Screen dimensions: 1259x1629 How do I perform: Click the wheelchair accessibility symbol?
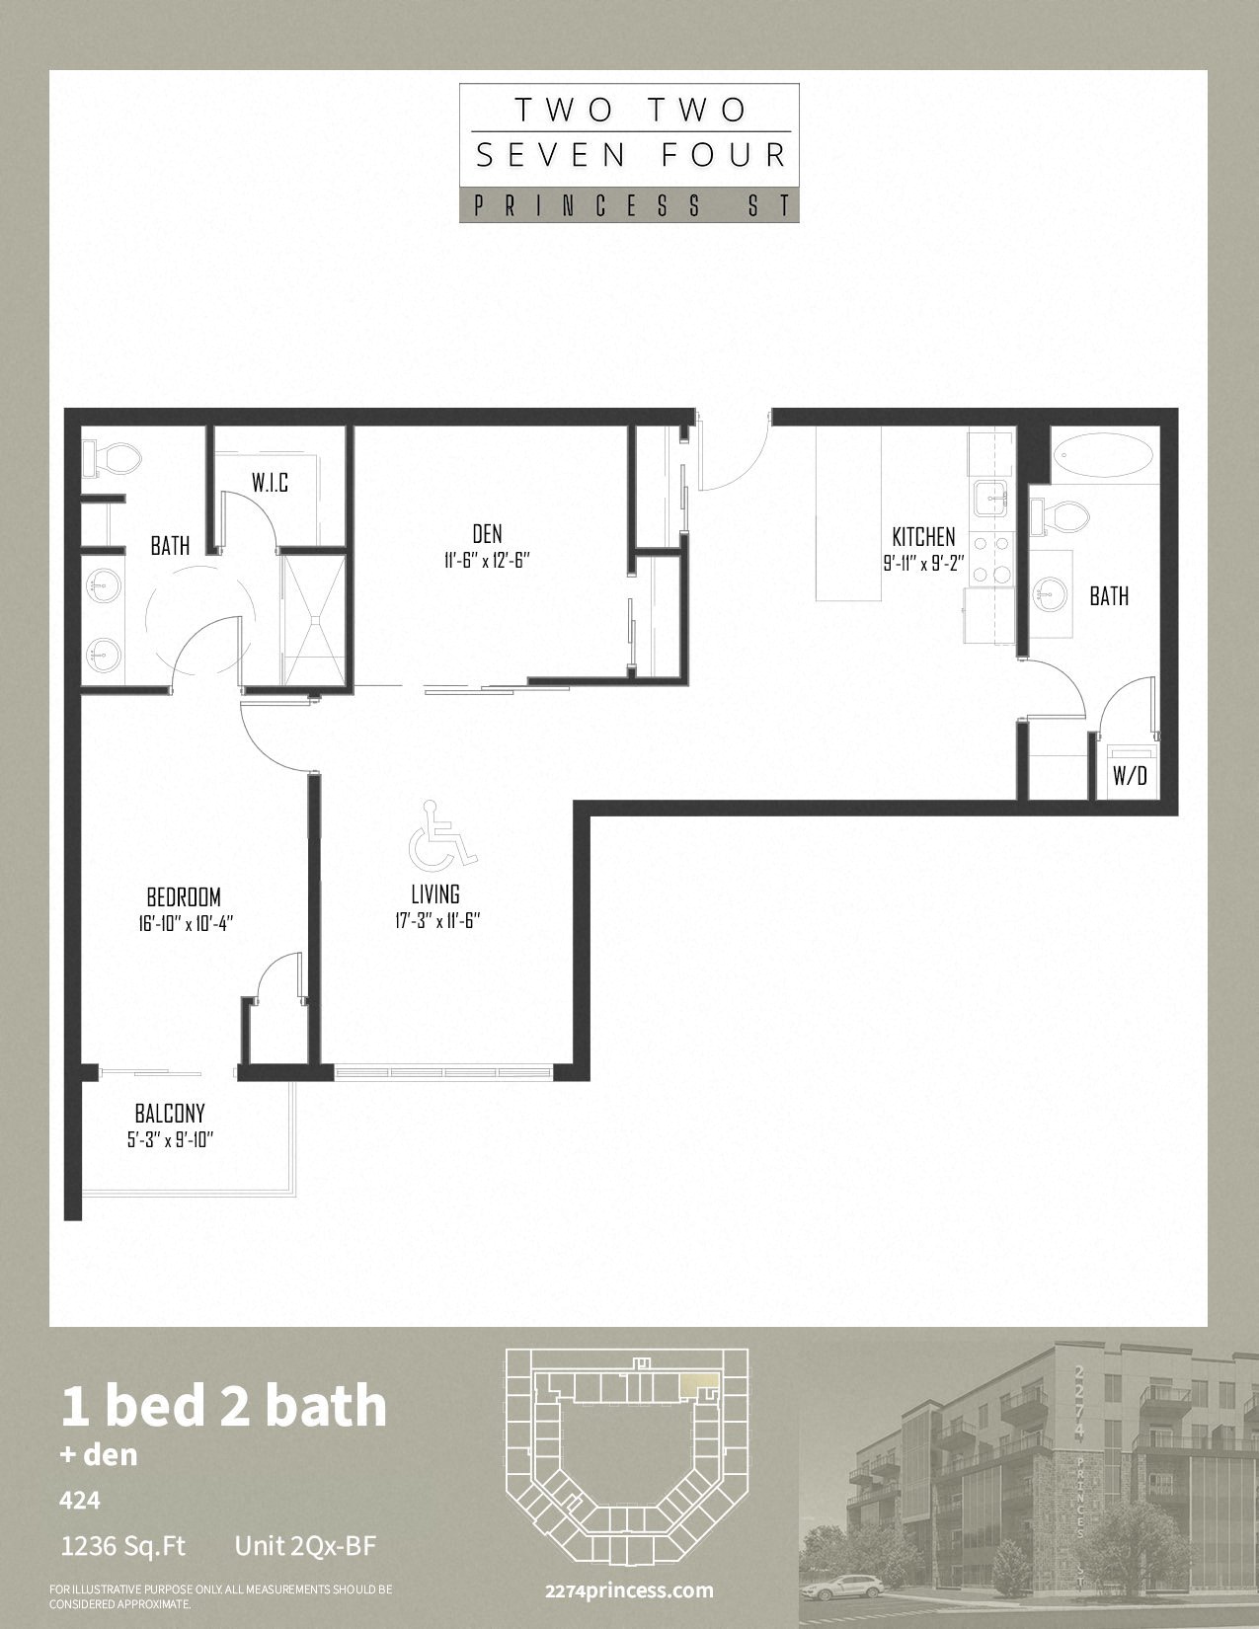pyautogui.click(x=442, y=833)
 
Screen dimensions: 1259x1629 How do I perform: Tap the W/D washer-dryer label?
pyautogui.click(x=1130, y=777)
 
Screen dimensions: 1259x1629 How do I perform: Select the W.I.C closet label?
pyautogui.click(x=270, y=482)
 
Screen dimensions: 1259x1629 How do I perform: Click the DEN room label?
pyautogui.click(x=488, y=534)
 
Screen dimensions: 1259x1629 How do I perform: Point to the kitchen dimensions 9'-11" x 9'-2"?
pyautogui.click(x=923, y=564)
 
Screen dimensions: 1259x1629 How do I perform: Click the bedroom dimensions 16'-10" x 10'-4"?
pyautogui.click(x=186, y=923)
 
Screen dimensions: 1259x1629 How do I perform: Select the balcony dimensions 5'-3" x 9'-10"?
pyautogui.click(x=171, y=1140)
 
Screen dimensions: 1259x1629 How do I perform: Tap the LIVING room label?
pyautogui.click(x=435, y=893)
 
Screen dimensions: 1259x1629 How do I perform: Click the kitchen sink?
pyautogui.click(x=992, y=499)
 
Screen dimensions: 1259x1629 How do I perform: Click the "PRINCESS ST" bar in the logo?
pyautogui.click(x=629, y=206)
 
